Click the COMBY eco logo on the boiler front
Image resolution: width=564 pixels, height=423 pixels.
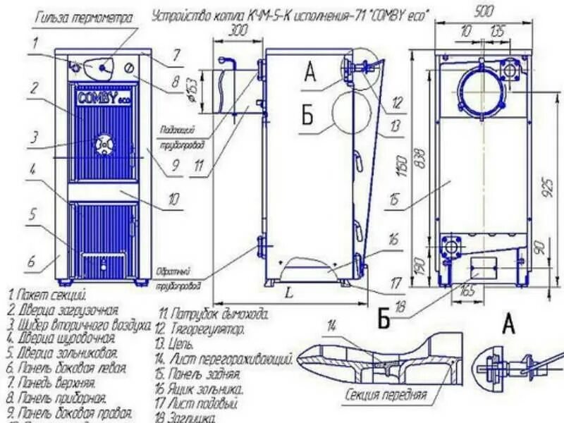click(100, 97)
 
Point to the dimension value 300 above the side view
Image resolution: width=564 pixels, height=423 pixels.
click(238, 30)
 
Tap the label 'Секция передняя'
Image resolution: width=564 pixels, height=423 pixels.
click(386, 396)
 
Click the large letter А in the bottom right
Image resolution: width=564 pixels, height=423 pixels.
click(508, 324)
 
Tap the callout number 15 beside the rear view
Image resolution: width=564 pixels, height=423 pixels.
click(393, 200)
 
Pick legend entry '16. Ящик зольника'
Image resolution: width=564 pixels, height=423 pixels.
click(201, 388)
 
